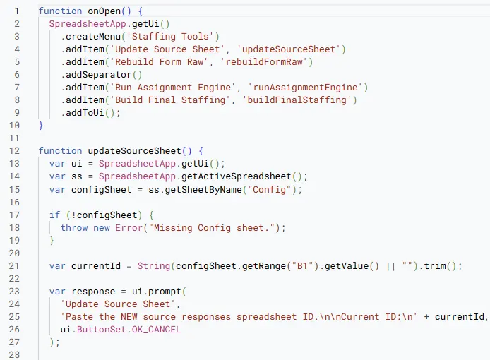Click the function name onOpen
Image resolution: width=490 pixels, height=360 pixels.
pos(104,11)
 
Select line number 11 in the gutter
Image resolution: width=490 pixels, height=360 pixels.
pos(14,138)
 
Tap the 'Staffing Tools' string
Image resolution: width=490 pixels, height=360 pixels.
pos(170,37)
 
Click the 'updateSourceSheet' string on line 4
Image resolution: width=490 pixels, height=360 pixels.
pos(289,49)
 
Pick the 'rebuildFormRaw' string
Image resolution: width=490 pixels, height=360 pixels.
pos(264,62)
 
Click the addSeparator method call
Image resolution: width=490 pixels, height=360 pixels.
pos(98,75)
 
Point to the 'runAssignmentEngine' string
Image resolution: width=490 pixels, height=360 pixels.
pos(305,88)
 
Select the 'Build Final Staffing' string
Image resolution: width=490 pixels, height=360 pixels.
pos(170,100)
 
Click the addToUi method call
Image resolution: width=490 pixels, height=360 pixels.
pos(85,112)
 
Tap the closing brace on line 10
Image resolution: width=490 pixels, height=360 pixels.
pos(41,126)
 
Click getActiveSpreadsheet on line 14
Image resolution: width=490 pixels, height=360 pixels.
pos(237,176)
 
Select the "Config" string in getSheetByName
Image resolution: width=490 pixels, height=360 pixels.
pos(270,190)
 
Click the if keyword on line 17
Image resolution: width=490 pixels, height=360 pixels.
pos(54,215)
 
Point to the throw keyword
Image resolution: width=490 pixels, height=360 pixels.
pos(74,228)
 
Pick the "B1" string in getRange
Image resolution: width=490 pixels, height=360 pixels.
pos(302,266)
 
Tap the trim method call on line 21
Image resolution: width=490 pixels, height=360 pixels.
pos(435,266)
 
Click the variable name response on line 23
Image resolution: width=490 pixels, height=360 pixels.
pos(93,292)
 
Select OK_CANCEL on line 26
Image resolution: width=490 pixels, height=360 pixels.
pos(156,330)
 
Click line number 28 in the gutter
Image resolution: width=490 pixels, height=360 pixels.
pos(14,354)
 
